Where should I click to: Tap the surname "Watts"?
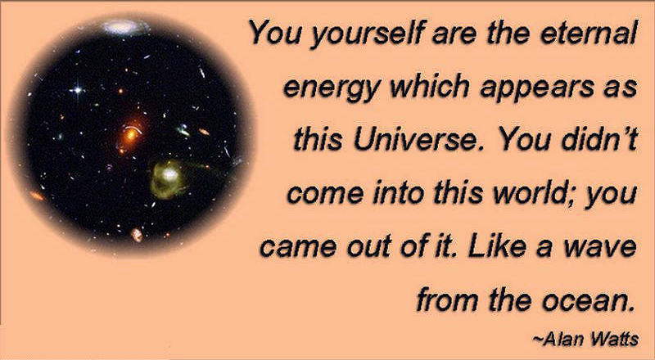coord(613,339)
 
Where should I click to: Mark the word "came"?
coord(298,248)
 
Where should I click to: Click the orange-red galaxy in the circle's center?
coord(130,134)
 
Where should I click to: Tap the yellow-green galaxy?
coord(168,178)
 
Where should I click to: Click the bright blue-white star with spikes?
coord(77,89)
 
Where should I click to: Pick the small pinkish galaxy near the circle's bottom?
coord(137,235)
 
